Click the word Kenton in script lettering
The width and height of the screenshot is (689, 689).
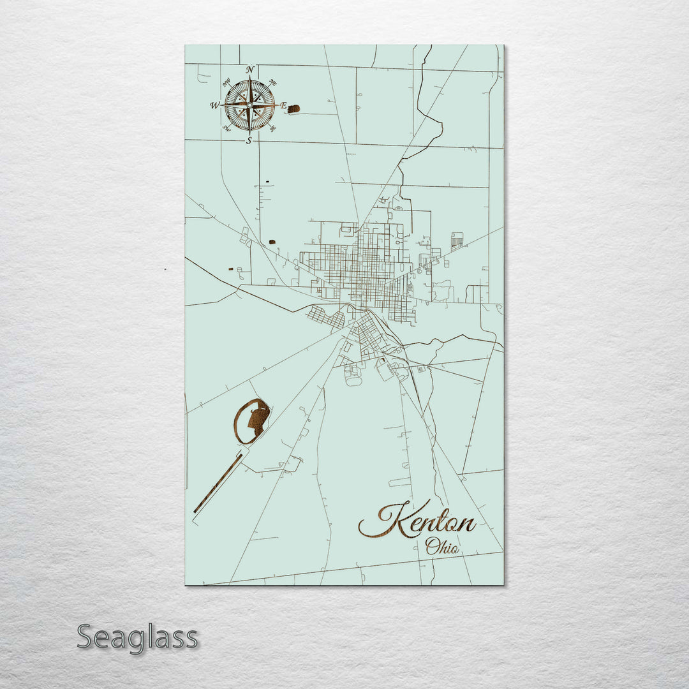tap(418, 522)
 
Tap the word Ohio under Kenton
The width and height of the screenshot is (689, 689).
tap(442, 546)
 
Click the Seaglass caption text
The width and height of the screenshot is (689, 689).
tap(137, 637)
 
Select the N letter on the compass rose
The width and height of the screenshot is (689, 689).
tap(250, 70)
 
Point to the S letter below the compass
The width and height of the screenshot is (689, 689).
tap(249, 140)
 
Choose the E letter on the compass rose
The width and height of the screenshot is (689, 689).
tap(283, 105)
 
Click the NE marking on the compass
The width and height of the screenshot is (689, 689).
tap(273, 82)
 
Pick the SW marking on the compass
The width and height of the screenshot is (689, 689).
tap(226, 128)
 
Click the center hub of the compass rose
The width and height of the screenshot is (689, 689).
tap(249, 105)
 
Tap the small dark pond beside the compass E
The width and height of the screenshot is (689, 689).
tap(293, 109)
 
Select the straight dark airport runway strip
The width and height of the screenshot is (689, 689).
tap(218, 483)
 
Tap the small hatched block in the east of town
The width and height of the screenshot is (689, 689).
tap(457, 241)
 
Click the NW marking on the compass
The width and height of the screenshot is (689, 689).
tap(226, 82)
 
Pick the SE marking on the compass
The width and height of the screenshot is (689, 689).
tap(273, 128)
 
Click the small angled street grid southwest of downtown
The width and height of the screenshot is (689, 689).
tap(326, 317)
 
